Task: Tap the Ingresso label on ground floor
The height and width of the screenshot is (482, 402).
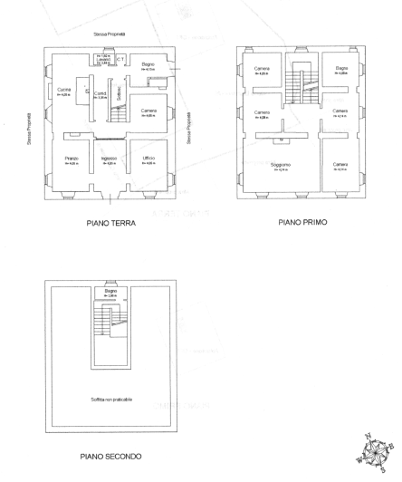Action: pos(109,159)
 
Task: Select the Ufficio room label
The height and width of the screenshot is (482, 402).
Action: pos(148,159)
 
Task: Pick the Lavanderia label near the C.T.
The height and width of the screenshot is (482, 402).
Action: pos(104,60)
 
